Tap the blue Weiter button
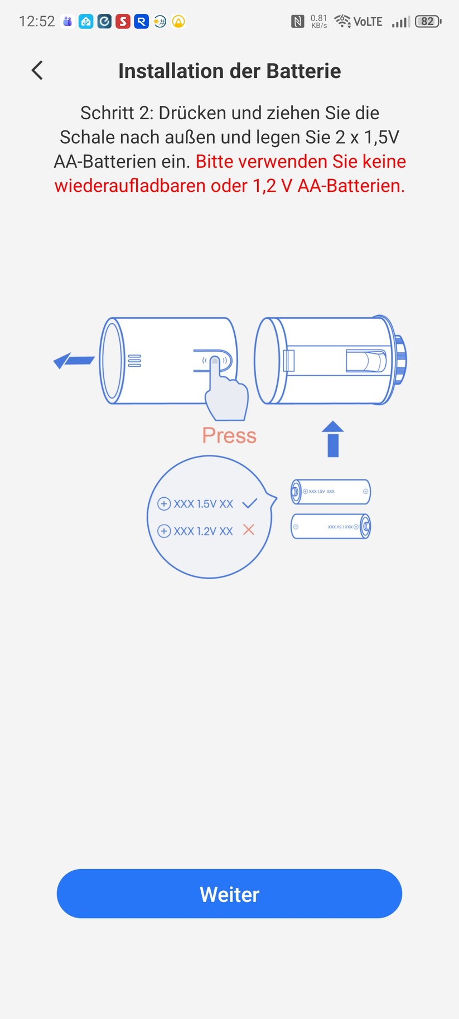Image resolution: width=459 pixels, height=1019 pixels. [x=229, y=894]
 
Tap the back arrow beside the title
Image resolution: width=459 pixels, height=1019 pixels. [x=37, y=70]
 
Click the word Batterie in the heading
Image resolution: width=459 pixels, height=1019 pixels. [x=303, y=71]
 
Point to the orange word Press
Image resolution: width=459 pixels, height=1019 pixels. [x=229, y=435]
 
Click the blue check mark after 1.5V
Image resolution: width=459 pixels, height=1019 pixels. [x=249, y=503]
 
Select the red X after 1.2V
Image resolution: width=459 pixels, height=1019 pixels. [x=249, y=530]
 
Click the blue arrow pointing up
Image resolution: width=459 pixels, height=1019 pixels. [x=333, y=439]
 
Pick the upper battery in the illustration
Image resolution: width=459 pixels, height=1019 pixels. [x=331, y=492]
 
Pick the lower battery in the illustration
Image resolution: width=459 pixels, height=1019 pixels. [x=331, y=526]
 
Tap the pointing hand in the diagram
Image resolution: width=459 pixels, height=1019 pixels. [x=225, y=392]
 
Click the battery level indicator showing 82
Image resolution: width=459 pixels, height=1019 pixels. [x=428, y=22]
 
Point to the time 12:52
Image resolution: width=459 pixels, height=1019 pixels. [x=37, y=22]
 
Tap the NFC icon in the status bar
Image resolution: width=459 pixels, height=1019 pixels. [x=298, y=22]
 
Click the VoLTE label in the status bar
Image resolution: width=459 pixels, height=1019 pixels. [x=368, y=22]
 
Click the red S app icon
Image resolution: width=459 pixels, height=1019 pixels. [x=123, y=22]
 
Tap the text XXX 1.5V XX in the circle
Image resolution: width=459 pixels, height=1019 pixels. [x=203, y=504]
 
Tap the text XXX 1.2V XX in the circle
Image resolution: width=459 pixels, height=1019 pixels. [x=203, y=531]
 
